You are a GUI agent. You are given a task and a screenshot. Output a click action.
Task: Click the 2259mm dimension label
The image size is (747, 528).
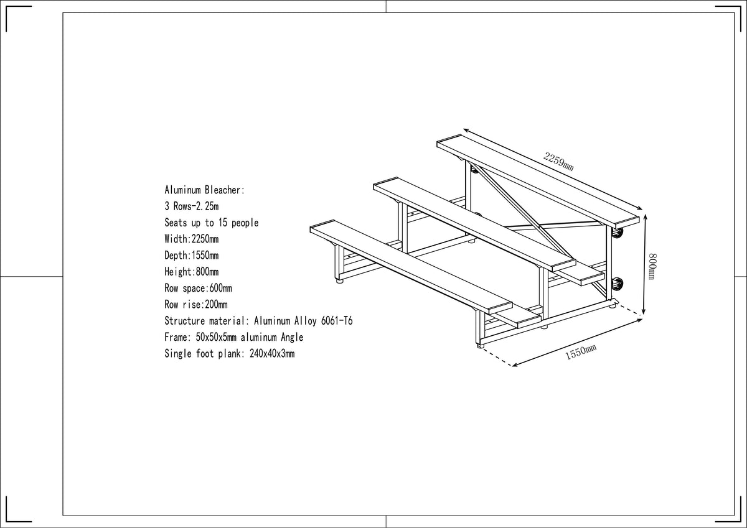click(x=558, y=161)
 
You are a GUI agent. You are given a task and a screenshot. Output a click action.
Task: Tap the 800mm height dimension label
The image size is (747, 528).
click(x=652, y=267)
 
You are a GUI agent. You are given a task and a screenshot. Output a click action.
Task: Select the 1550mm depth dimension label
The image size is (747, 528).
click(x=581, y=353)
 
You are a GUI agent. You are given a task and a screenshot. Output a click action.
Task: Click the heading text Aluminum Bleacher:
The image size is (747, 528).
click(x=204, y=190)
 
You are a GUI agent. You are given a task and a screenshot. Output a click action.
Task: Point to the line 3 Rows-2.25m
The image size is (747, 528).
click(x=192, y=206)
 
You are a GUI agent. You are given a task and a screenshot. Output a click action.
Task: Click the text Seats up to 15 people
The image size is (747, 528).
click(x=212, y=223)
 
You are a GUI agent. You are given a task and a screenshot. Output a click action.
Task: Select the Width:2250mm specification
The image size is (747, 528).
click(x=192, y=239)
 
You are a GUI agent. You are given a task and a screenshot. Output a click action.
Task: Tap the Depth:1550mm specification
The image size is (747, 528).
click(x=192, y=256)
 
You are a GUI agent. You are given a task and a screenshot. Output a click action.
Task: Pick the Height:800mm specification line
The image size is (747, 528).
click(x=192, y=272)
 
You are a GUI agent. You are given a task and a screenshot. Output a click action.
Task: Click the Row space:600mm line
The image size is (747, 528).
click(x=198, y=288)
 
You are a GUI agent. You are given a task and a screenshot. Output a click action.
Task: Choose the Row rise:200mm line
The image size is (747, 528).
click(x=195, y=305)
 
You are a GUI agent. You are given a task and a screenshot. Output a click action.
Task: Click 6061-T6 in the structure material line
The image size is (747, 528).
click(x=337, y=321)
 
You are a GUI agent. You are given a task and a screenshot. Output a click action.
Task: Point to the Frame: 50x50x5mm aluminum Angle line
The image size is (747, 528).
click(x=234, y=337)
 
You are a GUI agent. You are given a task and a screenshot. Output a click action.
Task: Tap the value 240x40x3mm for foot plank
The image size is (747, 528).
click(x=272, y=353)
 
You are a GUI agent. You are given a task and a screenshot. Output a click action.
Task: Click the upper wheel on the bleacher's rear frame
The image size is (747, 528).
click(x=618, y=233)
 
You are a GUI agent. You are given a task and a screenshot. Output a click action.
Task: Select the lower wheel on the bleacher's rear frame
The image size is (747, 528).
click(x=618, y=284)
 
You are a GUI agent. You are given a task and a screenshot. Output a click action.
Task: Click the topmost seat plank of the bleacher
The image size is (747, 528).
click(x=538, y=181)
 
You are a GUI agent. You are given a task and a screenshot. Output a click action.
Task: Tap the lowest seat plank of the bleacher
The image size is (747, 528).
click(x=411, y=267)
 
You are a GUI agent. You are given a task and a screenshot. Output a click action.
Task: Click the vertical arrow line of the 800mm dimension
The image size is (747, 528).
click(x=645, y=264)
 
